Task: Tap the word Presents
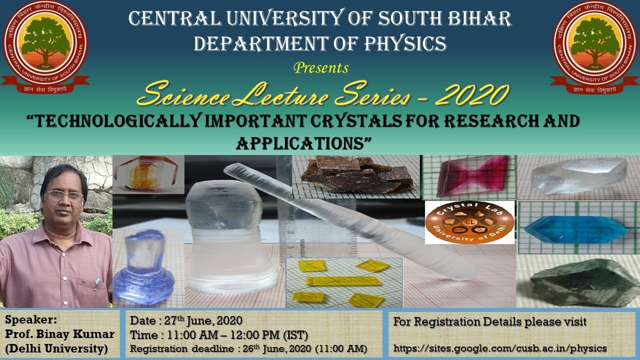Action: coord(321,67)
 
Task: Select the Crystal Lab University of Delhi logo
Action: coord(469,222)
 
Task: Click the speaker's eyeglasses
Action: coord(65,195)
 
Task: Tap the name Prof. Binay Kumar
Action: coord(60,334)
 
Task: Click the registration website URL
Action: coord(500,348)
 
